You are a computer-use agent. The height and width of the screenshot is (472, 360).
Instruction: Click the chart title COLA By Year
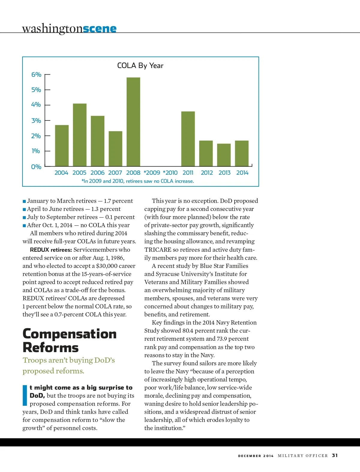140,66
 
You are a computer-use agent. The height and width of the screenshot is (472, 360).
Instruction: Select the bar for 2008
133,122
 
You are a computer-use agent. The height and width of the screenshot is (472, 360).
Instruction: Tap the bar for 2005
79,135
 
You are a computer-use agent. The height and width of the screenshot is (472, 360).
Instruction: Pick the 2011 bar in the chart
188,139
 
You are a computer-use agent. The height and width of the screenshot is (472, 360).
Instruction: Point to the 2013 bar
224,155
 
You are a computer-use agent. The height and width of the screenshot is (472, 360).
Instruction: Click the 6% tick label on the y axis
36,75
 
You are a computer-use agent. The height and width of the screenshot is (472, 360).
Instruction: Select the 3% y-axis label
36,121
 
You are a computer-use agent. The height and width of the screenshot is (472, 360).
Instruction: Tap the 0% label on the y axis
36,167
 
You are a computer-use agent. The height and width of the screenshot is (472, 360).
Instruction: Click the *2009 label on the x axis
152,173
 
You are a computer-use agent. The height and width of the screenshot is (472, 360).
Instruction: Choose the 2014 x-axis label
242,173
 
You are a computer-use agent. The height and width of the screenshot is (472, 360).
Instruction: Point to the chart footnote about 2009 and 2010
138,181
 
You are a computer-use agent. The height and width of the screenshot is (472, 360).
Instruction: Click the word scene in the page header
100,29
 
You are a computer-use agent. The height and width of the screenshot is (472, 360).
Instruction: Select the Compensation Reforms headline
69,341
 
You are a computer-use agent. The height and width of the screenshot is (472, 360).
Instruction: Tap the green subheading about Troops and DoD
69,366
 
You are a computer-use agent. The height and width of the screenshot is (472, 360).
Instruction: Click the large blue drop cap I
25,395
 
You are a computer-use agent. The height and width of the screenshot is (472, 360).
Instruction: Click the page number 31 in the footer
335,456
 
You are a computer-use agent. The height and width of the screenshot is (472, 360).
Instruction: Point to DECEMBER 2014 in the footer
256,456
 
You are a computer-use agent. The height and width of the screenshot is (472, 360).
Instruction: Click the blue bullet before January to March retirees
24,201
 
